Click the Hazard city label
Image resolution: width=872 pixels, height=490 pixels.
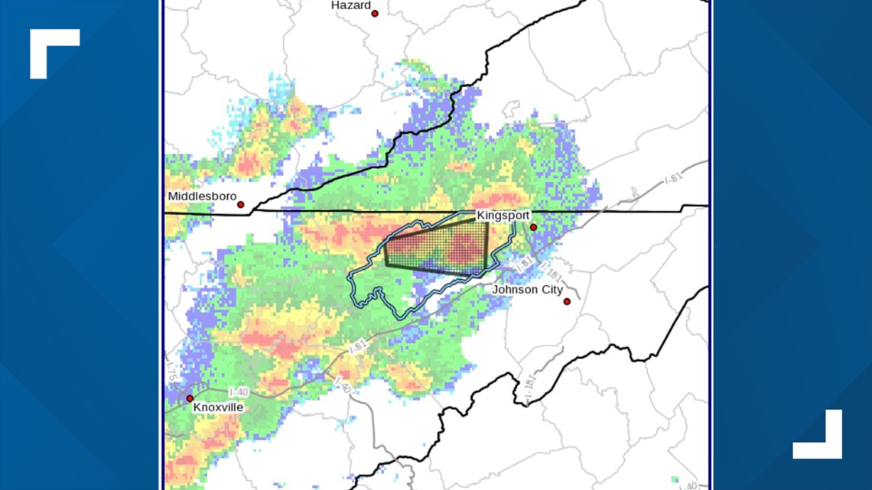[350, 5]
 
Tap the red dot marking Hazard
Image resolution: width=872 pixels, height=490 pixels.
[375, 13]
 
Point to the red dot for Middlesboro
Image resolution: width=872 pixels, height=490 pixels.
[240, 205]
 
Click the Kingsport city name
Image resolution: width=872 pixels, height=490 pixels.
[503, 216]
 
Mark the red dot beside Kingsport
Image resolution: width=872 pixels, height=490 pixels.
[533, 227]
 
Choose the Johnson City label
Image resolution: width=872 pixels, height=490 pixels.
[527, 290]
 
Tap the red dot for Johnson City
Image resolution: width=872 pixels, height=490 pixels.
[567, 301]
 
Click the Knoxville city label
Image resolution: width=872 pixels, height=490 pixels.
[218, 407]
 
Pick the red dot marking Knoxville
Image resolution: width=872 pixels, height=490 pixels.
[190, 398]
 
